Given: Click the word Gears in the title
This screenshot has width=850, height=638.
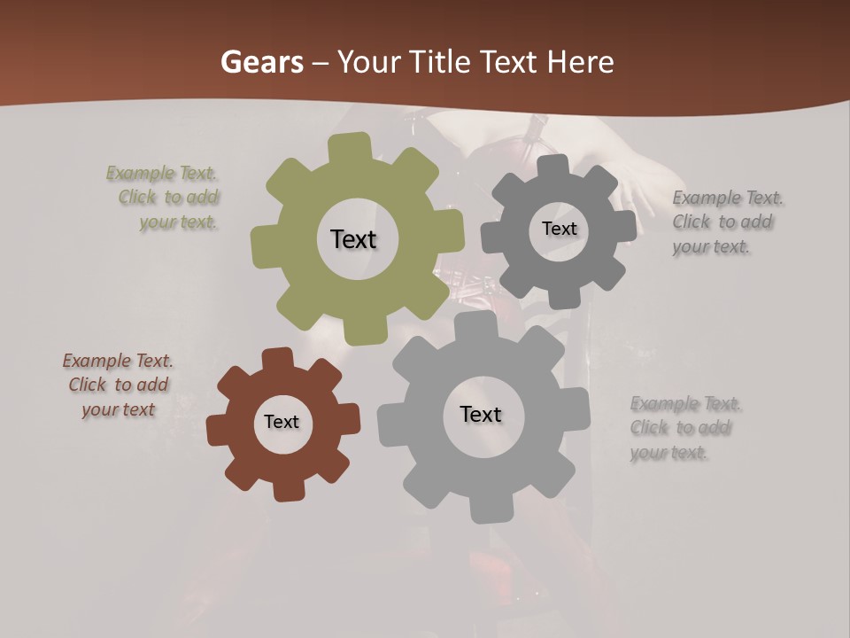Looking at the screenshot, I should (260, 62).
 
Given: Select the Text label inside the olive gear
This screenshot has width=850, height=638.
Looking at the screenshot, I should (353, 239).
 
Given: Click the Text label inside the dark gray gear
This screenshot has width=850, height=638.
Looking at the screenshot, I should (559, 229).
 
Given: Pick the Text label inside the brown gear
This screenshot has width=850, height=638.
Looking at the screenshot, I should (282, 422).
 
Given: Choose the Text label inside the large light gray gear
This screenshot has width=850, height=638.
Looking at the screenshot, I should (480, 414).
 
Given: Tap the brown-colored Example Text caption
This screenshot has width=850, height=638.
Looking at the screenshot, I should (118, 385).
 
